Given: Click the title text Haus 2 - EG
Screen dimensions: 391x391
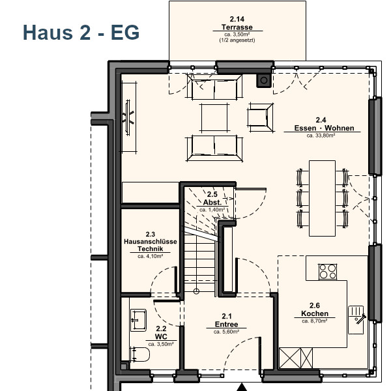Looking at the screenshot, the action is (x=81, y=33).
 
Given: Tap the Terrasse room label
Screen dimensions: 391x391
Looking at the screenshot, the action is (x=237, y=27).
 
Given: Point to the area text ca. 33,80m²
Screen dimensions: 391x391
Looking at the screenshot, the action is (x=321, y=136).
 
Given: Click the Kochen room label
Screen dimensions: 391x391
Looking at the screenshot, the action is (x=315, y=313).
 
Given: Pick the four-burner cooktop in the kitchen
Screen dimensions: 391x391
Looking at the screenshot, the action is (x=328, y=271).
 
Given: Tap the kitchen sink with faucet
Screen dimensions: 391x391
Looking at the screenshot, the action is (x=356, y=320).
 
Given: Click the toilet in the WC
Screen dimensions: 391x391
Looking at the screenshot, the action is (x=139, y=355).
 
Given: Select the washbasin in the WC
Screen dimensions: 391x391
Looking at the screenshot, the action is (x=138, y=320).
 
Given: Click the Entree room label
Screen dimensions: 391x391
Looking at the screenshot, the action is (x=226, y=324).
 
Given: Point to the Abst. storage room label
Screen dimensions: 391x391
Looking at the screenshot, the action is (x=212, y=202).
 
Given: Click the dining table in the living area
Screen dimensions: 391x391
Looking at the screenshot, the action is (x=322, y=198).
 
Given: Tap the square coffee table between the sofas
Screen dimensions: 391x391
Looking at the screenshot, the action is (x=214, y=117).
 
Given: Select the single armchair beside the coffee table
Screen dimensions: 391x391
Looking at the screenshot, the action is (x=261, y=117).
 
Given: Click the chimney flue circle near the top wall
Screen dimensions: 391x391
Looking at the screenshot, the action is (x=264, y=81).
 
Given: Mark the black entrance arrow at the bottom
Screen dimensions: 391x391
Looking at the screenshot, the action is (x=241, y=388).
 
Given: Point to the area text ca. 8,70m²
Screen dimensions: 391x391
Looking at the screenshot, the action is (x=315, y=321).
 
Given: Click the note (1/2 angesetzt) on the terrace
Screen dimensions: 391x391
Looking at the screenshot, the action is (x=237, y=40).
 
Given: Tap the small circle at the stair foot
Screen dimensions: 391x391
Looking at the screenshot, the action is (x=196, y=291).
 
